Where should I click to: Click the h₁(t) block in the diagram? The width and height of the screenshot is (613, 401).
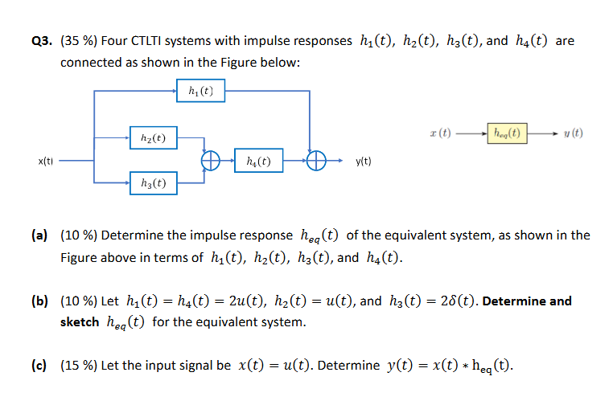click(200, 91)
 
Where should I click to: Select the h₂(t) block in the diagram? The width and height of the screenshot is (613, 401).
click(154, 138)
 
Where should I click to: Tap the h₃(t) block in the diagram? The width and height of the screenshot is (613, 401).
click(154, 183)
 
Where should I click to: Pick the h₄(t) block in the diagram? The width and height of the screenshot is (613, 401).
click(258, 161)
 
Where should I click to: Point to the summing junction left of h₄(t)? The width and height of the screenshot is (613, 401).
click(211, 161)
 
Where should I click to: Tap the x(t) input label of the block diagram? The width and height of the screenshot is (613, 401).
click(47, 161)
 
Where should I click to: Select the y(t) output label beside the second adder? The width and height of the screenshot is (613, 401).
click(363, 161)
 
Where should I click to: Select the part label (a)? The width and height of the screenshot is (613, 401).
click(39, 235)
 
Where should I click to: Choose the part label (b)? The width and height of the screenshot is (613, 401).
click(39, 301)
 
